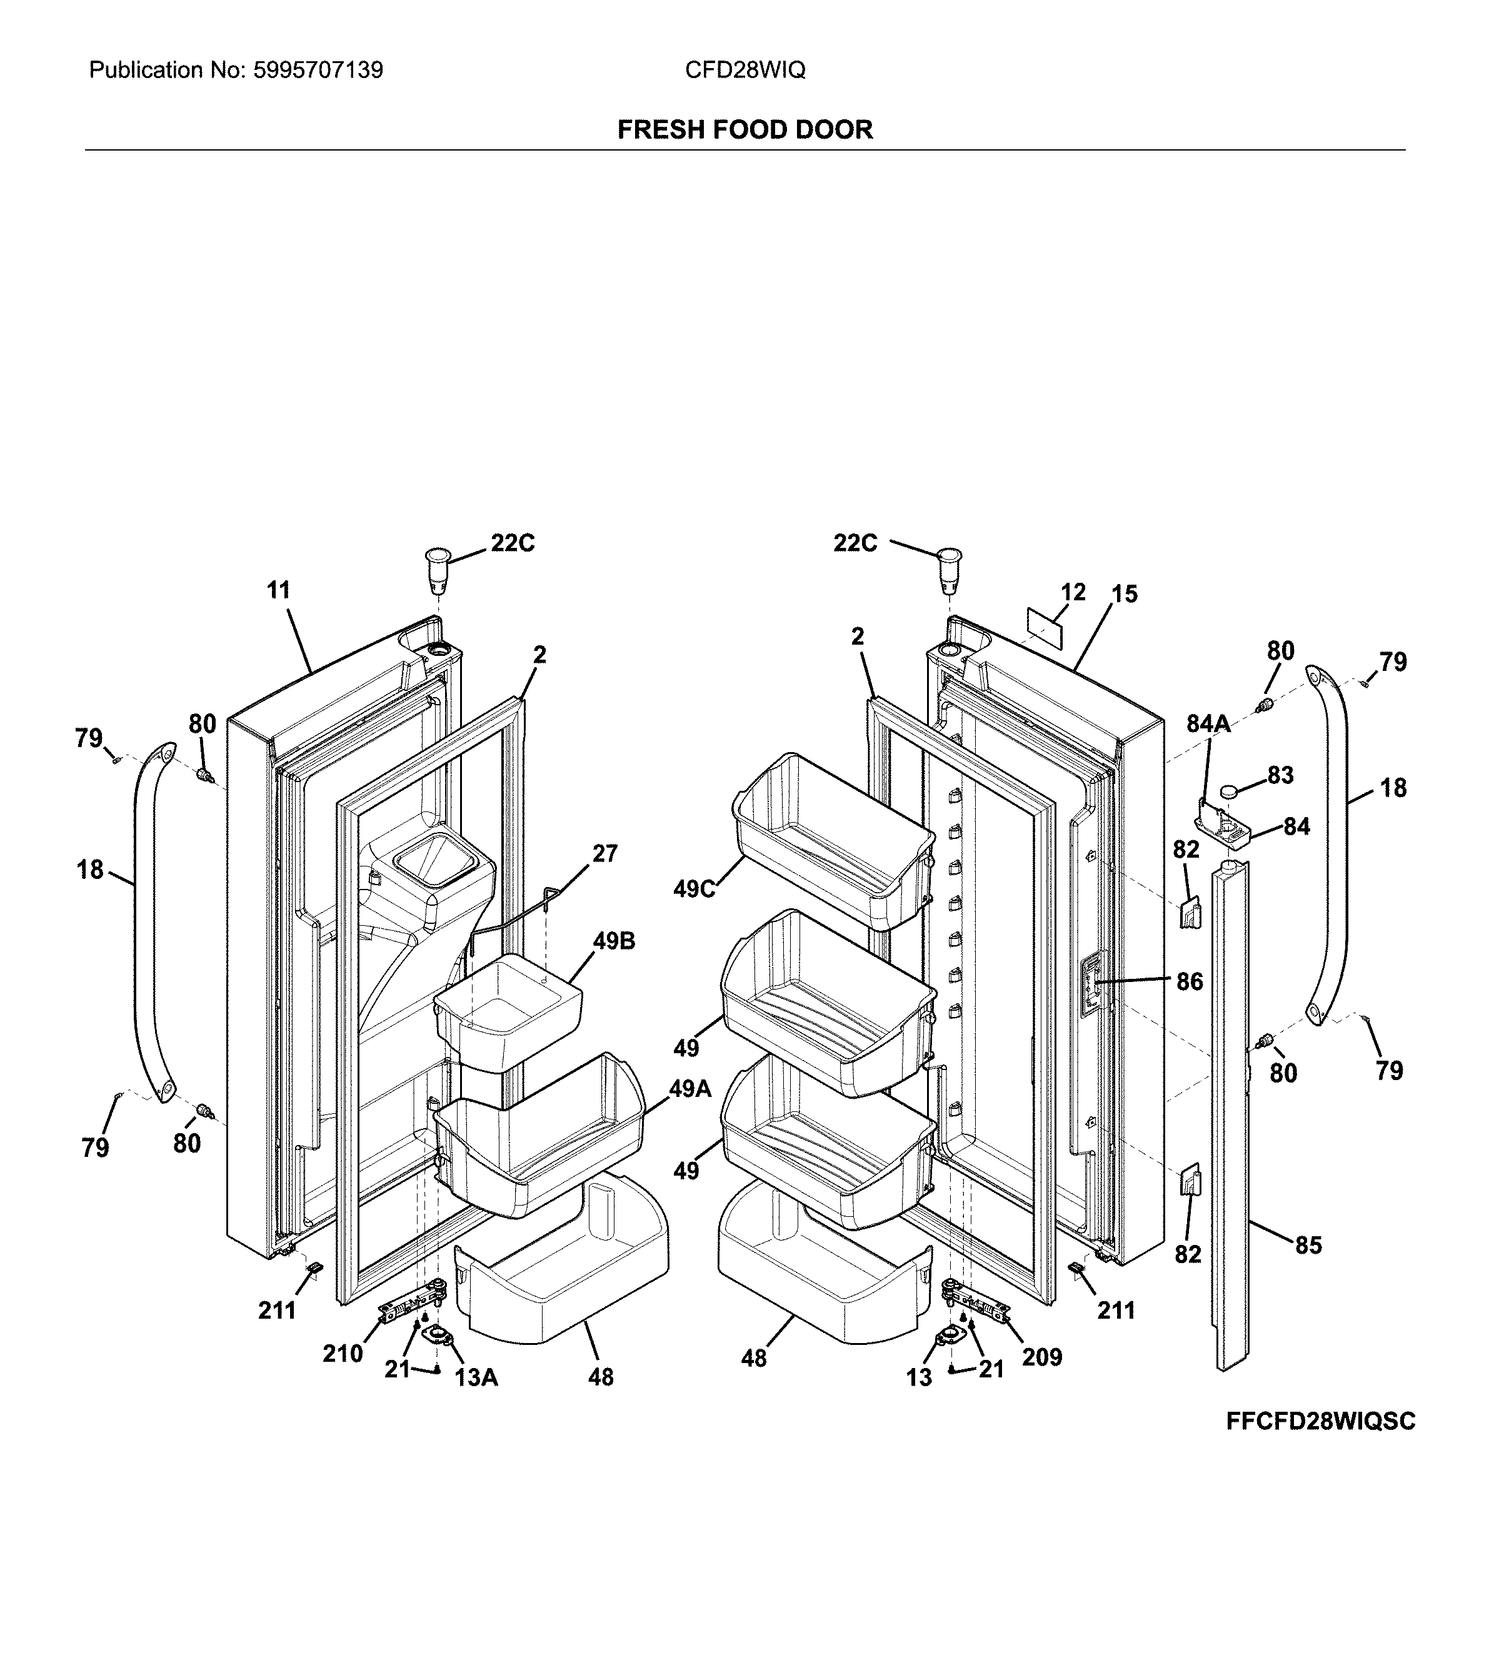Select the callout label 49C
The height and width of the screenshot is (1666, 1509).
(694, 888)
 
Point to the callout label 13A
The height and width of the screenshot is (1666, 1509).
(476, 1377)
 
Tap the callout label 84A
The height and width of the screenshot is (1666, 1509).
(1208, 724)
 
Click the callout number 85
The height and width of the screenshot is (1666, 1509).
(1308, 1244)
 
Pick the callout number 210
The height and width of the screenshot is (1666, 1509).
(343, 1354)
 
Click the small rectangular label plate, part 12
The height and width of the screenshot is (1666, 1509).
(1045, 627)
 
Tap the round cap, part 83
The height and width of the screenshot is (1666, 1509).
(1233, 791)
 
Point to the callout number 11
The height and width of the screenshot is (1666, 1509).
(279, 590)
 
